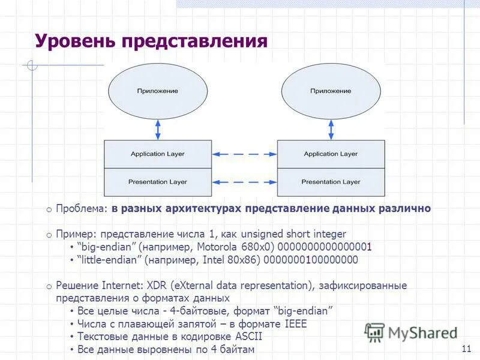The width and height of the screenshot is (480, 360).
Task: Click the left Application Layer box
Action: [x=158, y=154]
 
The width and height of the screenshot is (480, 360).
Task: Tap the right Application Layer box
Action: [x=331, y=154]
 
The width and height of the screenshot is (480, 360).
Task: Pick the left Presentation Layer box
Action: [x=158, y=182]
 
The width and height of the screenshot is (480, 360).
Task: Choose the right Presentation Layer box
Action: [x=331, y=182]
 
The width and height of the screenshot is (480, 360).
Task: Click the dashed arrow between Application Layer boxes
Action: [x=244, y=154]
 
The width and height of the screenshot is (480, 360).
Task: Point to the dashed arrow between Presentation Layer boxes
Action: [x=244, y=182]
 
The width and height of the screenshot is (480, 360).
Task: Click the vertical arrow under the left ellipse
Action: [x=158, y=128]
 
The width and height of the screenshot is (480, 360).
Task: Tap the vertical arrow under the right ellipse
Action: [x=331, y=128]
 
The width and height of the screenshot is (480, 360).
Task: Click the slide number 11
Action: [x=466, y=349]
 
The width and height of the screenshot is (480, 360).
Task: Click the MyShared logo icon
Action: [x=375, y=332]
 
